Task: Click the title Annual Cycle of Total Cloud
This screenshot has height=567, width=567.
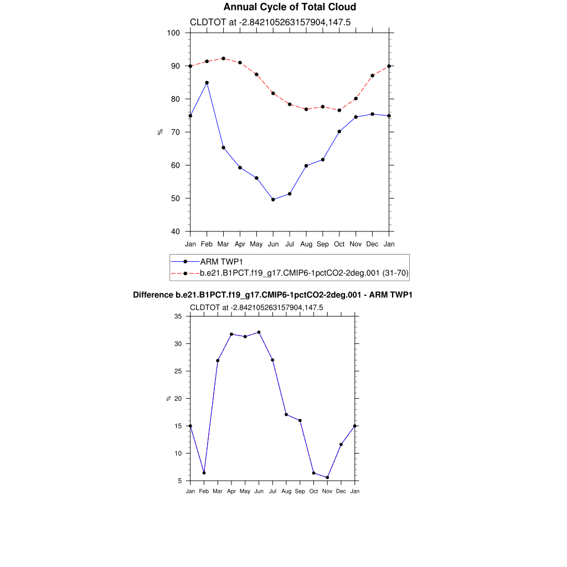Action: [290, 7]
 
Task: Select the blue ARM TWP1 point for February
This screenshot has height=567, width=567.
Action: [207, 83]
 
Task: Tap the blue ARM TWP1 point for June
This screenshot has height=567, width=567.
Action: [273, 199]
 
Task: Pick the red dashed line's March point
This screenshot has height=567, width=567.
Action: [223, 58]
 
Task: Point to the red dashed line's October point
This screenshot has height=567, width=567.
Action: [339, 110]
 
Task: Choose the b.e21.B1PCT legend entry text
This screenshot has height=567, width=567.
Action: [304, 273]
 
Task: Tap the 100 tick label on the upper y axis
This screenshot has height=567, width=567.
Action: [173, 33]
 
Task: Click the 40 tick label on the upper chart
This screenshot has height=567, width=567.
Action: [175, 231]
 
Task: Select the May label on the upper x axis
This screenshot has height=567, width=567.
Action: [256, 244]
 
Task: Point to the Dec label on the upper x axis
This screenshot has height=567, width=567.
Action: [373, 244]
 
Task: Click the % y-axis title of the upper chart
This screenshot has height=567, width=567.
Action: [160, 132]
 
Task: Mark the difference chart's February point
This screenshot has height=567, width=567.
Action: [204, 473]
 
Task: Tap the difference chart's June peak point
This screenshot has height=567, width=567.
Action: [259, 332]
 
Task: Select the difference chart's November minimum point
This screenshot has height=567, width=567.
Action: [327, 477]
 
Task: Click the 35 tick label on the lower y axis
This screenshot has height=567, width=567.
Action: [178, 316]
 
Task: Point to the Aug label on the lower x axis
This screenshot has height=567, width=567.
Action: [286, 491]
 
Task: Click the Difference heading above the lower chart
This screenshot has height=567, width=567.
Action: [272, 295]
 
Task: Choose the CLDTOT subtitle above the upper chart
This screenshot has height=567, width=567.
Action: [270, 22]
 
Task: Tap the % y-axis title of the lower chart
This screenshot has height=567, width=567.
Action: [168, 398]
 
